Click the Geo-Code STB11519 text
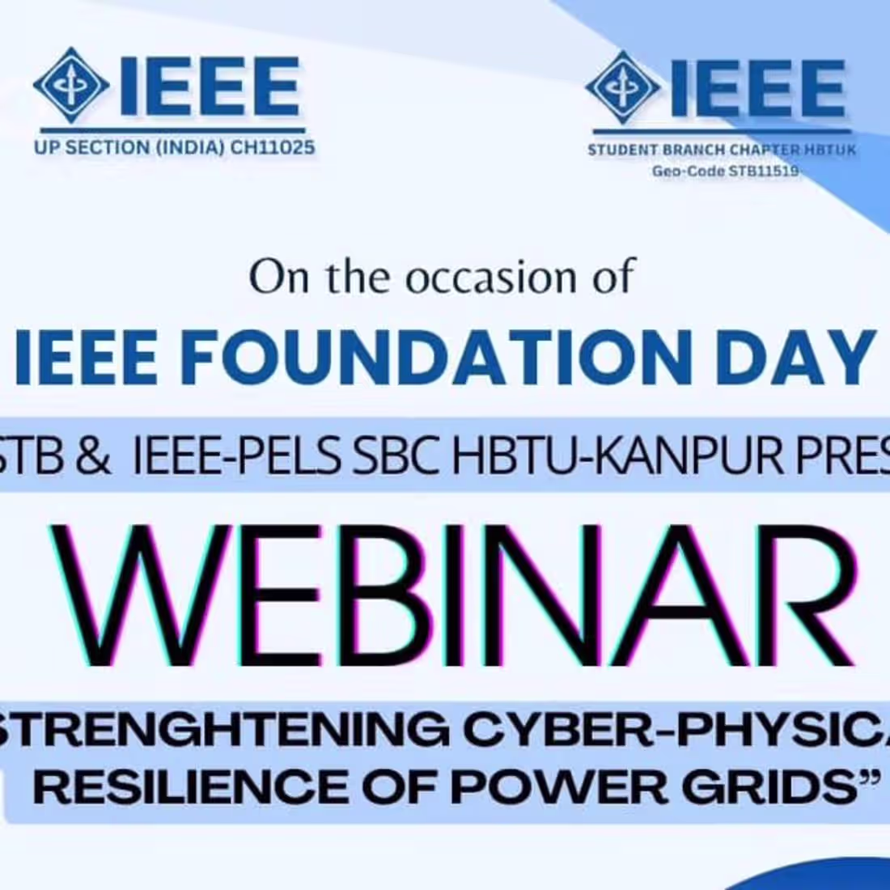[725, 171]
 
